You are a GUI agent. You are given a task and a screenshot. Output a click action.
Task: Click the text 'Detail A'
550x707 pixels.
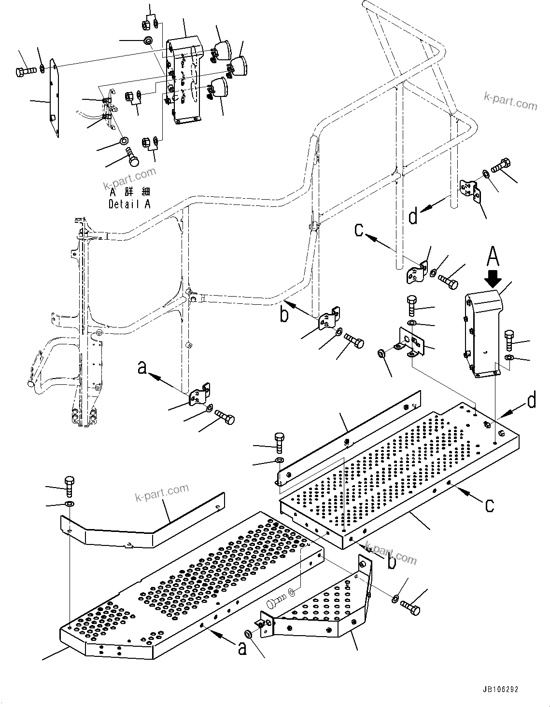coord(129,204)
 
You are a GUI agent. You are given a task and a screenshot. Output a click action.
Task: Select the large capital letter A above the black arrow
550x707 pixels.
coord(492,256)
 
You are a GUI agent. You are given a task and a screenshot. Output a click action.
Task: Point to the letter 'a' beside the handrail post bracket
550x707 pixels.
coord(142,367)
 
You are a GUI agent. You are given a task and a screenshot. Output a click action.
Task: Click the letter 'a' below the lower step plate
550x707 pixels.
coord(242,649)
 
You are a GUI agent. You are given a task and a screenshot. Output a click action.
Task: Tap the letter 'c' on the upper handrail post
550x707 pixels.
coord(359,230)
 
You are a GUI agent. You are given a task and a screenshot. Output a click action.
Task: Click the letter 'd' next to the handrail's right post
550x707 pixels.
coord(413,217)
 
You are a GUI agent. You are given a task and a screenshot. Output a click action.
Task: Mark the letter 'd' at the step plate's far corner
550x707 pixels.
coord(531,400)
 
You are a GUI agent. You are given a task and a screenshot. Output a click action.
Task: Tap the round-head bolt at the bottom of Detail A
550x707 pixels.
coord(131,157)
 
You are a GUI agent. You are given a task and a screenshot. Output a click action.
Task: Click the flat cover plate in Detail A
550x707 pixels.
coord(53,99)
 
